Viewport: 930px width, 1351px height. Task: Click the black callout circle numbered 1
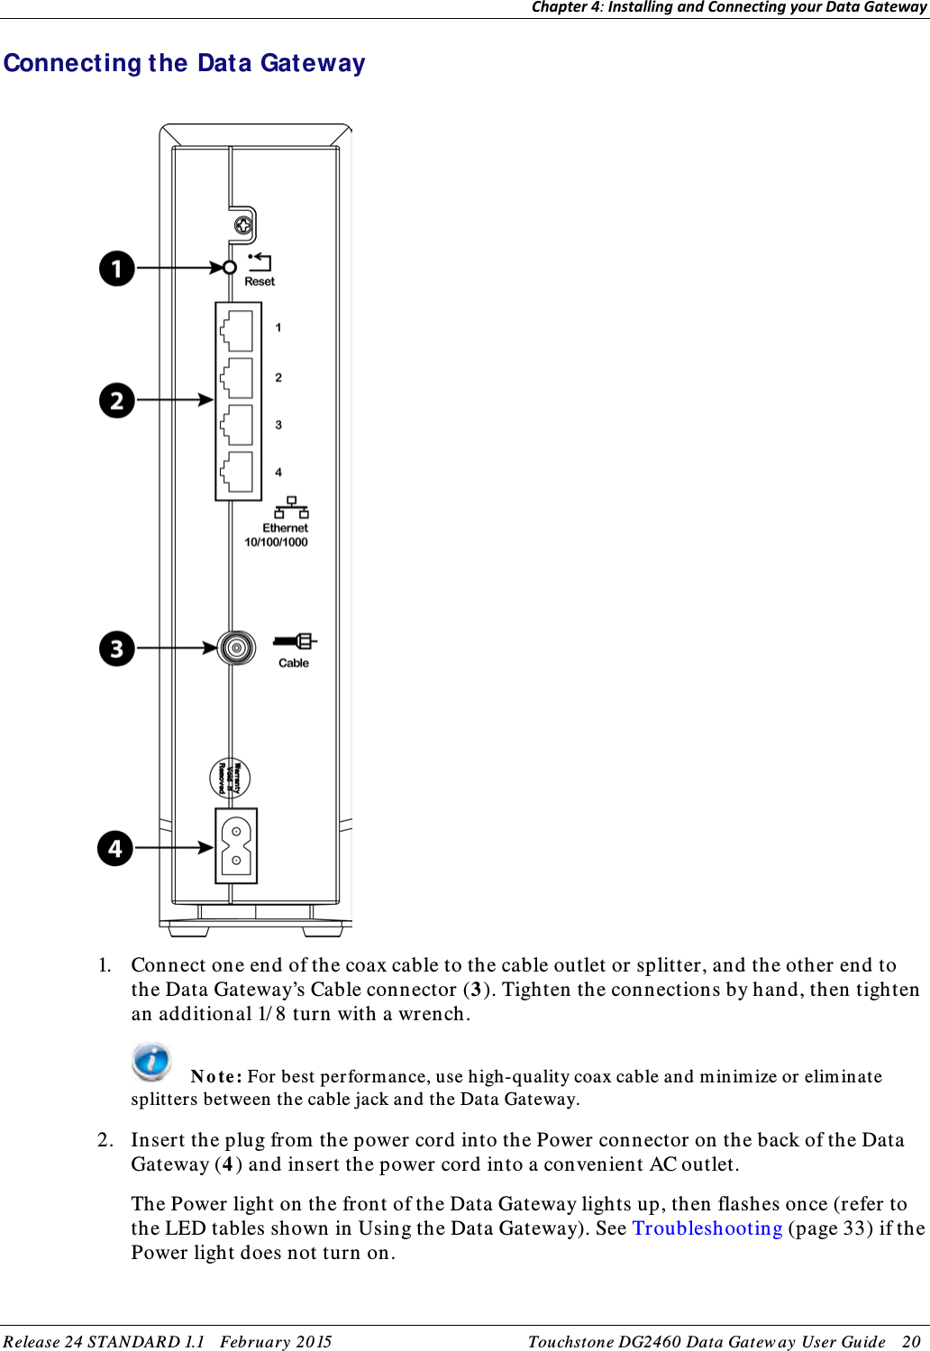(117, 269)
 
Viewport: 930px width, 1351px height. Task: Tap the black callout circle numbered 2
(117, 400)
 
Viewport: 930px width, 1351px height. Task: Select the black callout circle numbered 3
(117, 648)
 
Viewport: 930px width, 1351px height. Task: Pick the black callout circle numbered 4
(115, 848)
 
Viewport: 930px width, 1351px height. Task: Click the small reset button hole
(230, 268)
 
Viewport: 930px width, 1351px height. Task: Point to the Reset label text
(260, 281)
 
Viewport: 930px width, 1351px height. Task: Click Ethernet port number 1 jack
(237, 330)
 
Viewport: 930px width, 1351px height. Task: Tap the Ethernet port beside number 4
(237, 472)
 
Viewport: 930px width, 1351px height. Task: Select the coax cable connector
(237, 647)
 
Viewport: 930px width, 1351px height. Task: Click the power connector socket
(236, 845)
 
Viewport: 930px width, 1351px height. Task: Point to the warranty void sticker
(230, 779)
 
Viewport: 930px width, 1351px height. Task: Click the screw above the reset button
(242, 225)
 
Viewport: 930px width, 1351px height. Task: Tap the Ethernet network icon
(291, 507)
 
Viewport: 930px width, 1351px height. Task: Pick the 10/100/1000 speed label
(276, 543)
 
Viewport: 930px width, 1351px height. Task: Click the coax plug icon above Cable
(295, 641)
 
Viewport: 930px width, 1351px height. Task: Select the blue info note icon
(151, 1061)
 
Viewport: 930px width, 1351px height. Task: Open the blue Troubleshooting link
(707, 1228)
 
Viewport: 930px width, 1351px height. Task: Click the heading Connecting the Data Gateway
(185, 63)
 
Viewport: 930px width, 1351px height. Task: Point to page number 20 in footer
(911, 1341)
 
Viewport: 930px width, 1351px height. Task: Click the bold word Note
(215, 1076)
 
